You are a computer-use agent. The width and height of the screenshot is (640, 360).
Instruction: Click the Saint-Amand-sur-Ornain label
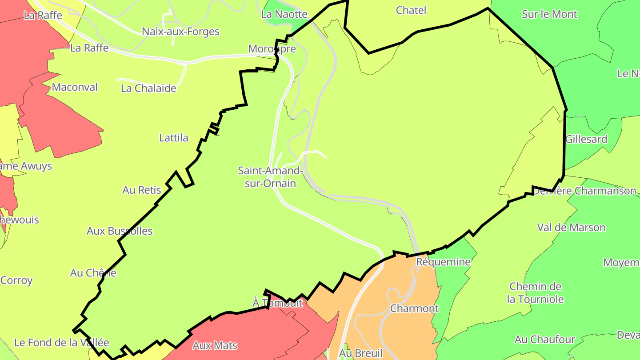[270, 176]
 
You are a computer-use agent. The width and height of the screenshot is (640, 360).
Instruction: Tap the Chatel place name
[411, 10]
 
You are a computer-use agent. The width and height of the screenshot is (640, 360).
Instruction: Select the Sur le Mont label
[549, 14]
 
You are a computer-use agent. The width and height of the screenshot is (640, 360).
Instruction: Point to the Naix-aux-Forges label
[180, 32]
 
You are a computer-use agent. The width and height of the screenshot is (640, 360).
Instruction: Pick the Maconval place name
[75, 87]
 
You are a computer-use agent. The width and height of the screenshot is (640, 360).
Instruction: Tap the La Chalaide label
[148, 88]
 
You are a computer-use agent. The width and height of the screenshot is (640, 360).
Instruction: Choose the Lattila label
[174, 138]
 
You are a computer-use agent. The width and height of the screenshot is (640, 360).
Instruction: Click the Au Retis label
[142, 190]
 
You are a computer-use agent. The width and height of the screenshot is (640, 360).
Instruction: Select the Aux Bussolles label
[120, 231]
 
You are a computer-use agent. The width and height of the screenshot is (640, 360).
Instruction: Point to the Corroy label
[16, 280]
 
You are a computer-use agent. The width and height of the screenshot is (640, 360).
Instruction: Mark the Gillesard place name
[586, 139]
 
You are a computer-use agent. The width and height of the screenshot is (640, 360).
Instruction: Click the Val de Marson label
[571, 228]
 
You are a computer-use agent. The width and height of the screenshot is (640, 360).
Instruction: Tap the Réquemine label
[443, 262]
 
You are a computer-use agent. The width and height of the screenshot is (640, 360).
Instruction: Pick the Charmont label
[414, 308]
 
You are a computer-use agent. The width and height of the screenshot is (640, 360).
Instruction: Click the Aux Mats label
[215, 345]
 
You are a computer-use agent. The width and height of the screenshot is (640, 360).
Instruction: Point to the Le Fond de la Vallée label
[61, 343]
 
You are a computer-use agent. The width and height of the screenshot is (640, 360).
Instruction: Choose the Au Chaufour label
[545, 340]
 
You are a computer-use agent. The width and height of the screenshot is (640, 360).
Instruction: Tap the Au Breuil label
[360, 353]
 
